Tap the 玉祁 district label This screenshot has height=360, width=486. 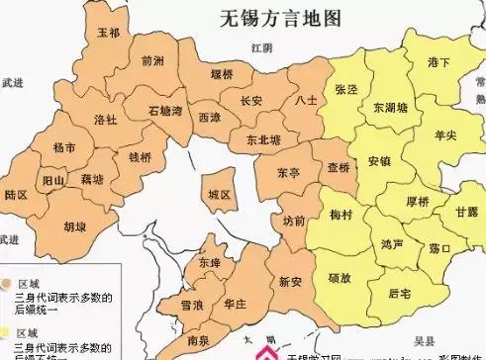click(109, 34)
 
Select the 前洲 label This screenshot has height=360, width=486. click(152, 61)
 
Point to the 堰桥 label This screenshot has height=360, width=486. click(223, 74)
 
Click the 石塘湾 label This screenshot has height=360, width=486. click(165, 110)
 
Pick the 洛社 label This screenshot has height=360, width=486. click(105, 120)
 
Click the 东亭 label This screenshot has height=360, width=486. click(288, 172)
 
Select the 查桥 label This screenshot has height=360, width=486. click(338, 167)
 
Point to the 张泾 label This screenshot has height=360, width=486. click(346, 90)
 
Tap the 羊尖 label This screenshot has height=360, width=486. click(445, 135)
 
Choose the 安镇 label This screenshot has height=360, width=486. click(378, 160)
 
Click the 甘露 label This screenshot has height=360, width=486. click(466, 213)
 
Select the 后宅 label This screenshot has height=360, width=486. click(399, 294)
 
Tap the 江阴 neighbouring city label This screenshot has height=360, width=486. click(260, 46)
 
